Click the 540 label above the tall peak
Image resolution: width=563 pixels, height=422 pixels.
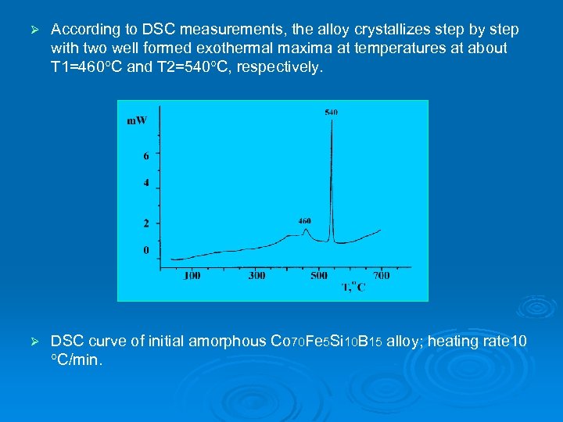(x=332, y=113)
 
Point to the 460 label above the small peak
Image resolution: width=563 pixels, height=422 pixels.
(x=305, y=221)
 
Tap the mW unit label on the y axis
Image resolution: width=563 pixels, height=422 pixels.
(x=137, y=120)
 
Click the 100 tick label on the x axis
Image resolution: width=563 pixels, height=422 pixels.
(x=192, y=276)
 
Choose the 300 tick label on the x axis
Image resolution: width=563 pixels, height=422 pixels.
(x=256, y=276)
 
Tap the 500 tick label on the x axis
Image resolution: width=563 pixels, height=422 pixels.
(x=319, y=276)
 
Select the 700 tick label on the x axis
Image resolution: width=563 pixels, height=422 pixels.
(x=381, y=276)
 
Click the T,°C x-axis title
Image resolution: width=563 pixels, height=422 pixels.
(x=353, y=288)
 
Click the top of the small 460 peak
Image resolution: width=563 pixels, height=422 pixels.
(x=306, y=229)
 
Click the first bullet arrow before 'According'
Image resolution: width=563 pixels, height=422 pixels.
(x=33, y=30)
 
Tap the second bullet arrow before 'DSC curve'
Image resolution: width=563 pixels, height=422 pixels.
(x=33, y=342)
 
